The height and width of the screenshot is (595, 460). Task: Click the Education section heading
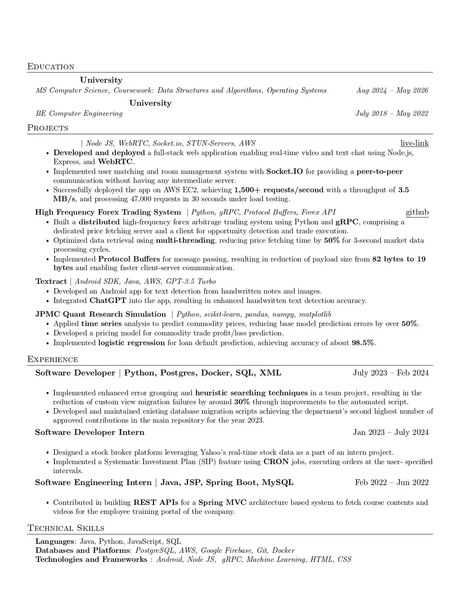51,67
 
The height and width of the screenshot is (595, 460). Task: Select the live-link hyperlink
414,143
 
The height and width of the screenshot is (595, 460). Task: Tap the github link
417,212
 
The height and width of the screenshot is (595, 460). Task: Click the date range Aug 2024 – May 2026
392,90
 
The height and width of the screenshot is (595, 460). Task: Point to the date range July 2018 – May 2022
392,113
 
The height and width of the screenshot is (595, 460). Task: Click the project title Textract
51,282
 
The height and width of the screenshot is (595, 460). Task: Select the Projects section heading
48,128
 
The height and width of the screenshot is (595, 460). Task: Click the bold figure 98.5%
363,343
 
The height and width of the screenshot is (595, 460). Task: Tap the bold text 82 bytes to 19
399,259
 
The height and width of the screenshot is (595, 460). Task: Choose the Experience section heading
53,359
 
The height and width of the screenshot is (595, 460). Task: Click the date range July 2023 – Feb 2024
391,373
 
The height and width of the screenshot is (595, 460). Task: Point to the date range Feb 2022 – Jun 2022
392,482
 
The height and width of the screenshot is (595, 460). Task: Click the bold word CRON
276,462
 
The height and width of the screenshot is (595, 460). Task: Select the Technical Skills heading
66,528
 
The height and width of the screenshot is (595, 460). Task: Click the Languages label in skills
54,541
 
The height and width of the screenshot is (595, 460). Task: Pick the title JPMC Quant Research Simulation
100,314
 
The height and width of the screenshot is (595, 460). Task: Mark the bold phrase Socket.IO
284,171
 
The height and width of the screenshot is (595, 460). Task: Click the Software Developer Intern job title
90,432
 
